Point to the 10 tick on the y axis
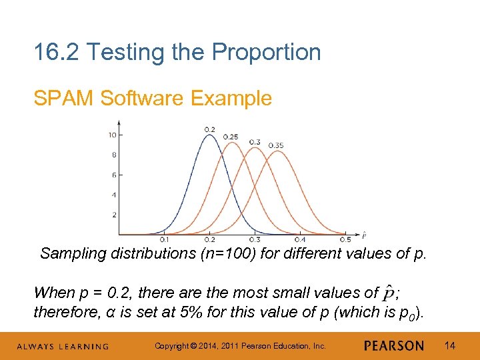(x=113, y=135)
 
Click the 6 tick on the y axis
(x=114, y=175)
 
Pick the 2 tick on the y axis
(x=114, y=215)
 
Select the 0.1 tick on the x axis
(x=164, y=240)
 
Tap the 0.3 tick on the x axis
(x=255, y=240)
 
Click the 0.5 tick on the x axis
(x=345, y=240)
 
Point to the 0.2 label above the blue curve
(x=210, y=129)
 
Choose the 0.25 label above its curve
(x=231, y=137)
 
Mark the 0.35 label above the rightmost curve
(x=276, y=145)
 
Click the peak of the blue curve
(x=209, y=135)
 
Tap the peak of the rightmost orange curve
(x=277, y=151)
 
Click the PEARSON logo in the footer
(x=394, y=345)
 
